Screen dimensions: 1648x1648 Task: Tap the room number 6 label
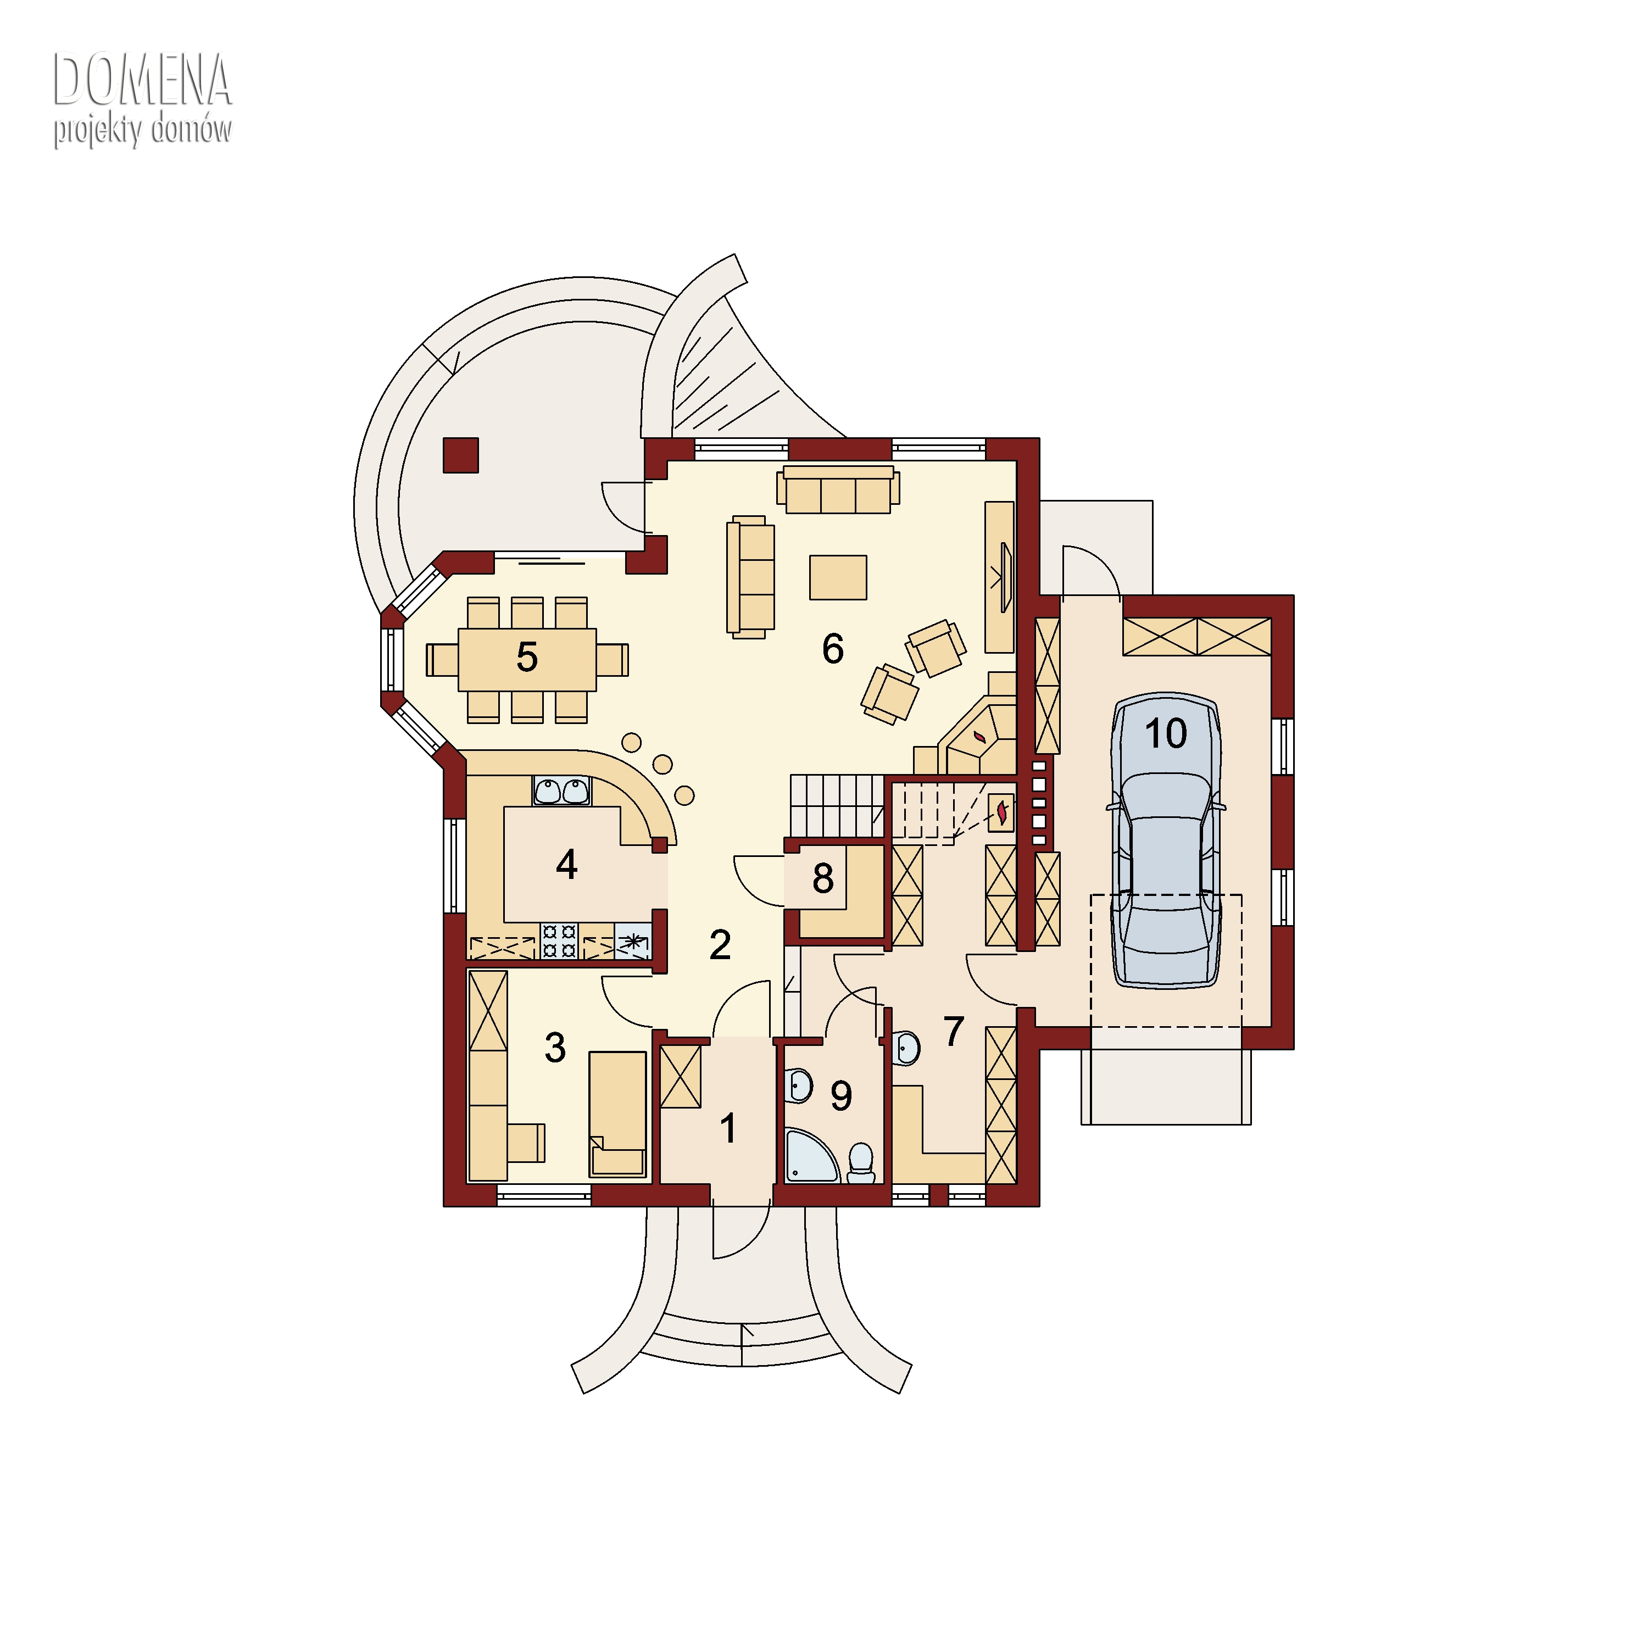tap(833, 649)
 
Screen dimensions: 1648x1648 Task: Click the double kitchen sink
tap(561, 790)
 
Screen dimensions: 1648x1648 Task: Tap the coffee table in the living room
tap(838, 577)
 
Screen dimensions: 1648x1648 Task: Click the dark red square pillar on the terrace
tap(461, 455)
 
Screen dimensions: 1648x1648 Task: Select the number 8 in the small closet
tap(822, 879)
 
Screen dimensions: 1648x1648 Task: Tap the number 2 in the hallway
tap(720, 945)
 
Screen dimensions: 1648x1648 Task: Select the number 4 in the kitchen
tap(566, 865)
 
